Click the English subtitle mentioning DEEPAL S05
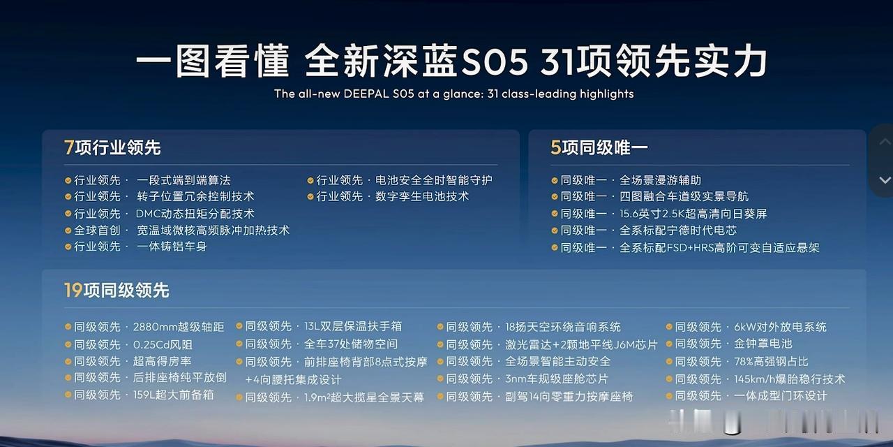click(x=453, y=94)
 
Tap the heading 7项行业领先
click(x=112, y=147)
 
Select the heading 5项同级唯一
click(x=599, y=147)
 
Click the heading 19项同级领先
click(x=117, y=290)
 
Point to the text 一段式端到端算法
click(x=183, y=180)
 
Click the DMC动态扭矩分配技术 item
click(x=195, y=214)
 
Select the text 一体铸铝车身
click(x=172, y=247)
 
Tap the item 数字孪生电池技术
click(x=422, y=196)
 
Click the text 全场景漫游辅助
click(x=660, y=180)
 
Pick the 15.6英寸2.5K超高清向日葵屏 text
click(x=693, y=214)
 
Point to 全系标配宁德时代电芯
click(x=678, y=230)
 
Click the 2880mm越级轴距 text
click(x=179, y=328)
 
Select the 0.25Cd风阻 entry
click(x=163, y=344)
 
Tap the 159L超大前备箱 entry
click(x=174, y=395)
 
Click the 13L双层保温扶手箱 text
click(x=353, y=326)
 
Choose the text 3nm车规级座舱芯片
click(x=557, y=379)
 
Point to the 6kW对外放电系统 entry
click(x=780, y=328)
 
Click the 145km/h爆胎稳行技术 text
click(x=789, y=379)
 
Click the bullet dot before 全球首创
click(x=68, y=230)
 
